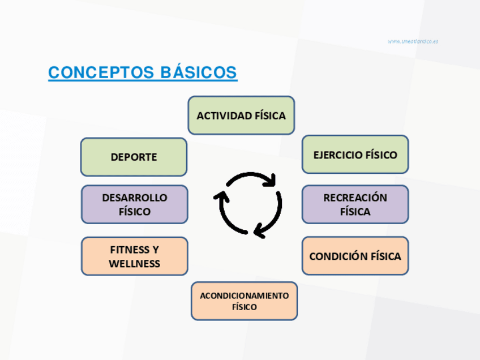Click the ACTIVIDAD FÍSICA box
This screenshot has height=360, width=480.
click(241, 115)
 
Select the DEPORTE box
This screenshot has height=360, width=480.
click(134, 157)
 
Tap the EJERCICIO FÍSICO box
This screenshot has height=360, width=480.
click(355, 155)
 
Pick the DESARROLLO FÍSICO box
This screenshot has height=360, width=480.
click(134, 204)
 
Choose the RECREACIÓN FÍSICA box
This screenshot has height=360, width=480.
click(355, 204)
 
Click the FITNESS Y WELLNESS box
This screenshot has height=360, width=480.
click(134, 256)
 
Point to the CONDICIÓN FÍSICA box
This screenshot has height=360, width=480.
click(355, 256)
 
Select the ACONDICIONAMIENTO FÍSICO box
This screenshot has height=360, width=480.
click(244, 301)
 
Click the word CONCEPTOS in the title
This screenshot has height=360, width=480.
click(101, 73)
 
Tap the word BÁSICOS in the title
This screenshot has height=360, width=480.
click(199, 73)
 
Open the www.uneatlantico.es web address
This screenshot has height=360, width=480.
click(413, 41)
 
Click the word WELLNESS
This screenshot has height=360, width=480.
click(135, 264)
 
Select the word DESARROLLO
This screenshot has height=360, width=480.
click(135, 198)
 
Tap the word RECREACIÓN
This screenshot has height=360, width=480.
click(355, 198)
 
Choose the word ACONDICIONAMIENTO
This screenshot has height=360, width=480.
click(244, 295)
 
